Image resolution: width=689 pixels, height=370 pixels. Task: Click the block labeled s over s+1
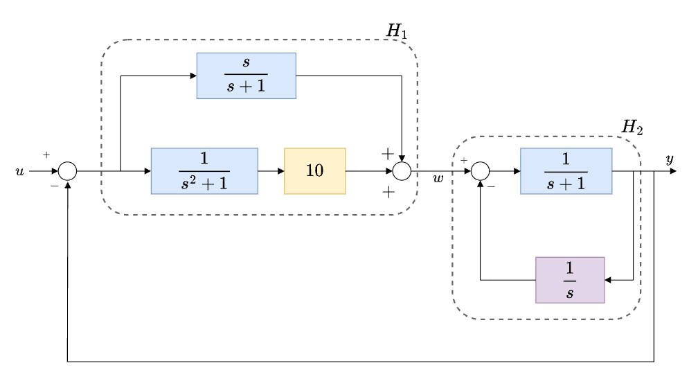click(x=247, y=76)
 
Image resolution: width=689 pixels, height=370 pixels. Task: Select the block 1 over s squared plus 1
click(x=204, y=170)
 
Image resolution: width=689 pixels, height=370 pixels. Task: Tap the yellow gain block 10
click(x=314, y=170)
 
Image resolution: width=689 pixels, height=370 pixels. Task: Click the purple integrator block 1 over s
click(x=570, y=280)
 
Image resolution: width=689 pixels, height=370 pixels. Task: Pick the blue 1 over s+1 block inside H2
click(x=566, y=170)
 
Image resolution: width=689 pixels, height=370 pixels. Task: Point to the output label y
click(x=669, y=160)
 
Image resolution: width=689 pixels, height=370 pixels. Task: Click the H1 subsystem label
click(x=397, y=32)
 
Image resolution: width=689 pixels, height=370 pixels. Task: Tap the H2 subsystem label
click(x=632, y=127)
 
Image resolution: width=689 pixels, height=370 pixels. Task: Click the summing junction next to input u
click(x=67, y=170)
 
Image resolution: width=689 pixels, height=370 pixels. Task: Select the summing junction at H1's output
click(x=402, y=170)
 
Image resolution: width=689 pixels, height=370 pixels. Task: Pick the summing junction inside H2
click(x=481, y=170)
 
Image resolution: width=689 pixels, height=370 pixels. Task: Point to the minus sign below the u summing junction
click(x=55, y=186)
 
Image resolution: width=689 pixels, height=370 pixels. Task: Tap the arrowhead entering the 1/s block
click(x=609, y=280)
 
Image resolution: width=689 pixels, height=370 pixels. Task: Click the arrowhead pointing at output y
click(x=672, y=170)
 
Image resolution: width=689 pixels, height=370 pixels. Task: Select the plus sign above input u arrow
click(x=46, y=155)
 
